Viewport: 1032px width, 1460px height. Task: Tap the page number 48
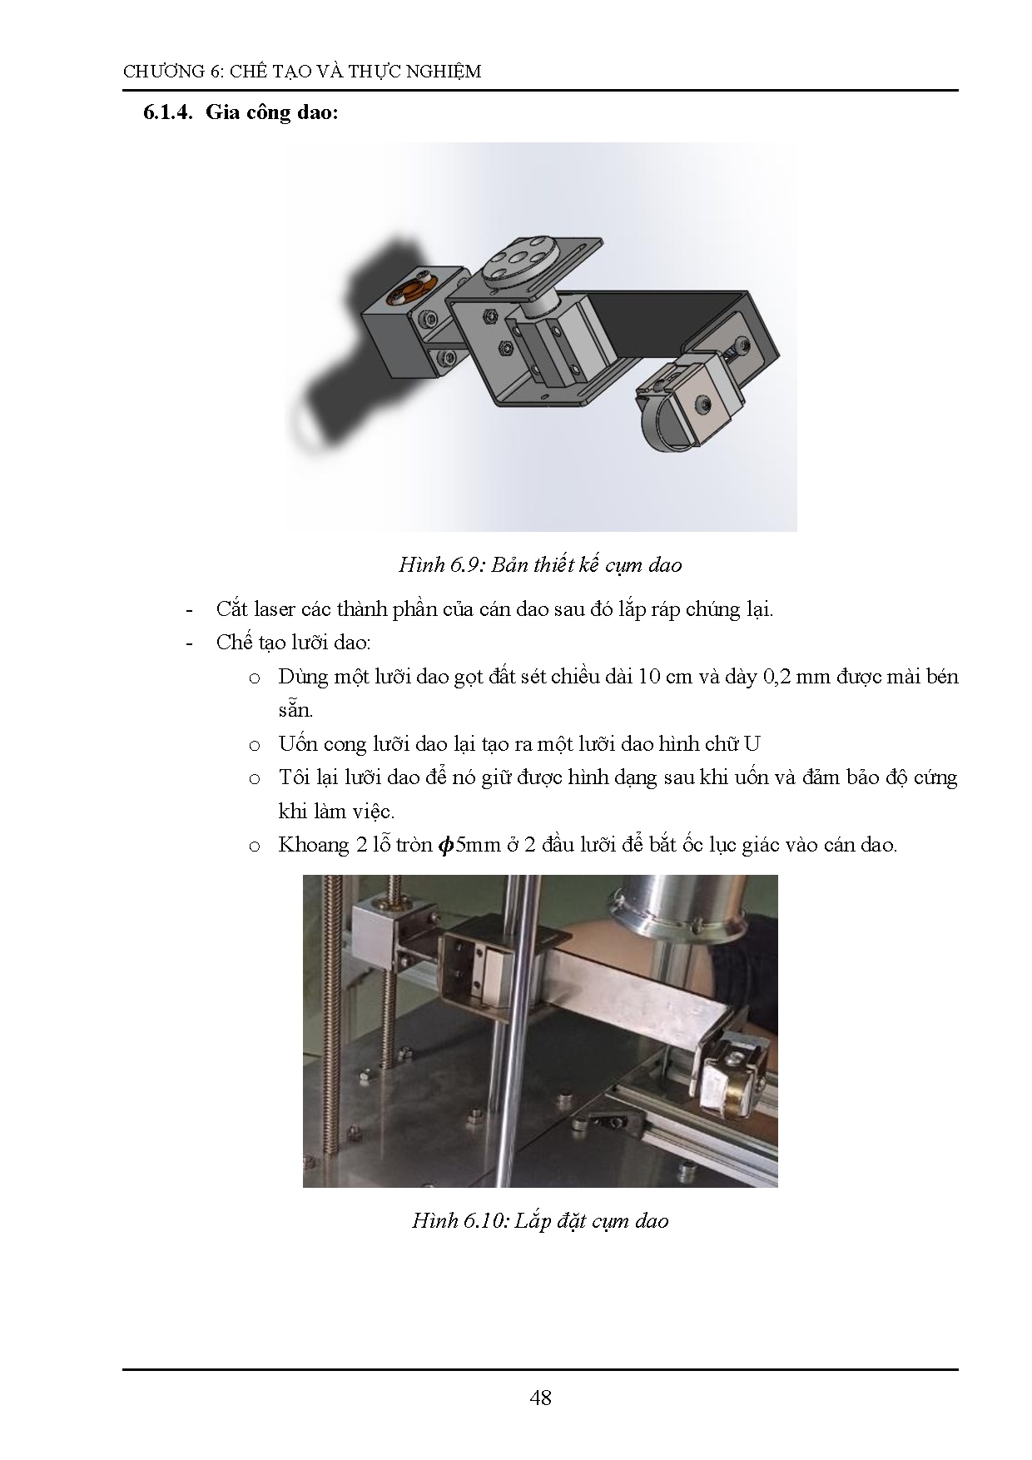[x=540, y=1398]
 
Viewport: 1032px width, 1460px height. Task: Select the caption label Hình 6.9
[x=441, y=565]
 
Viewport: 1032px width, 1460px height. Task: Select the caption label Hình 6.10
[x=459, y=1221]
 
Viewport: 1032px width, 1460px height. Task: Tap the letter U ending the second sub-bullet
[x=752, y=744]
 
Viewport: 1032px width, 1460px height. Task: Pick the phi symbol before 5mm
[x=446, y=846]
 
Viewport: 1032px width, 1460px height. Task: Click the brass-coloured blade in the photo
[x=734, y=1101]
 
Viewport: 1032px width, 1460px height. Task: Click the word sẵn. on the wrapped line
[x=295, y=711]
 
